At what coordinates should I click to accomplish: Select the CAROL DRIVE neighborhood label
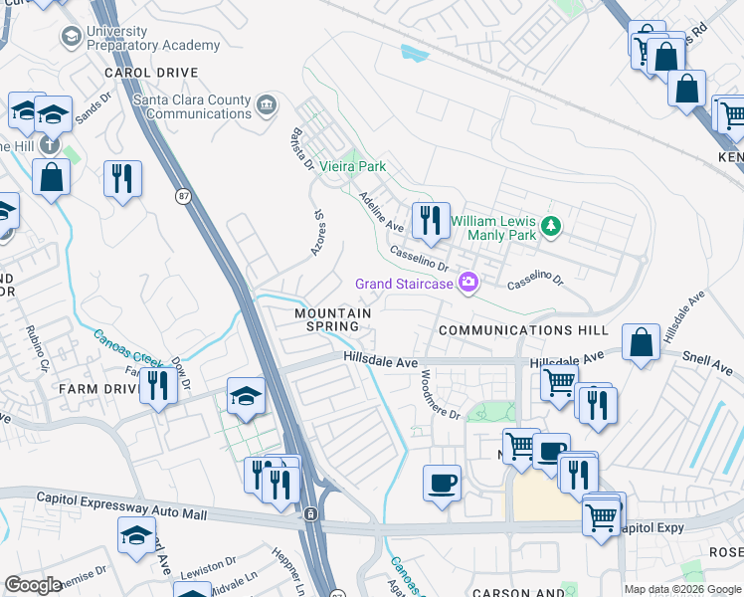[x=152, y=73]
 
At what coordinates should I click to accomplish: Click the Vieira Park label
[x=351, y=167]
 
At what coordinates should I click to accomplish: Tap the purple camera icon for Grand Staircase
[x=467, y=285]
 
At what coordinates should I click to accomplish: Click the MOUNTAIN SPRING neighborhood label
[x=332, y=319]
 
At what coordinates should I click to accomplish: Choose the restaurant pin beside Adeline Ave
[x=429, y=220]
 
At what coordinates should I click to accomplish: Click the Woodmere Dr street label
[x=438, y=394]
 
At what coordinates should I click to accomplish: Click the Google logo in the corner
[x=33, y=585]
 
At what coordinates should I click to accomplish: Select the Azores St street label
[x=318, y=233]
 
